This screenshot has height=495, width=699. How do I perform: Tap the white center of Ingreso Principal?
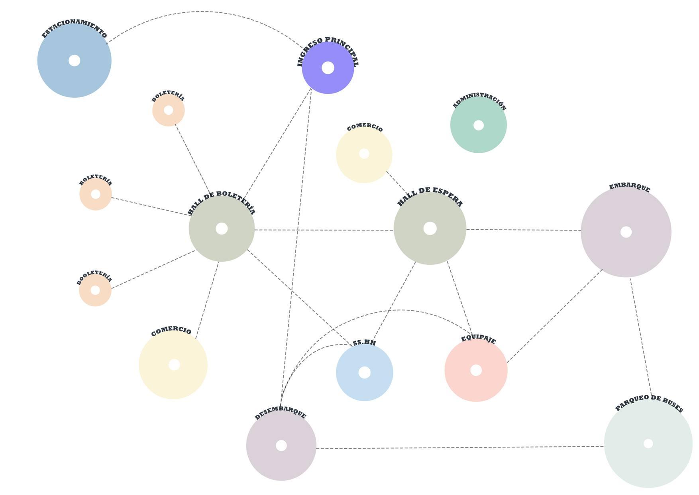(x=328, y=68)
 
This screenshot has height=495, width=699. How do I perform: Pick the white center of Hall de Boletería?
(x=222, y=229)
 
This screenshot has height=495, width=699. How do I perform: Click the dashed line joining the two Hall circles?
(x=324, y=230)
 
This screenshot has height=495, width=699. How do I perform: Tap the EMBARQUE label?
(x=630, y=187)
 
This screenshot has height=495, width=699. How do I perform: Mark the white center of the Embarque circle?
(x=626, y=232)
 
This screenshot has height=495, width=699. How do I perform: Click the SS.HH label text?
(x=364, y=343)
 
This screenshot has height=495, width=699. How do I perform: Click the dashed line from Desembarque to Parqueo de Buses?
(x=458, y=448)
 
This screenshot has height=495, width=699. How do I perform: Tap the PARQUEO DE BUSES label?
(x=649, y=403)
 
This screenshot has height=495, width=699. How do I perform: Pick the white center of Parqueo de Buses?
(x=648, y=443)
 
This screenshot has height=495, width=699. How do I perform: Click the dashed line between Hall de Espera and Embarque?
(x=523, y=230)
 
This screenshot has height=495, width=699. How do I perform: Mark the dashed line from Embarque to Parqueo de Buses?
(x=640, y=337)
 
